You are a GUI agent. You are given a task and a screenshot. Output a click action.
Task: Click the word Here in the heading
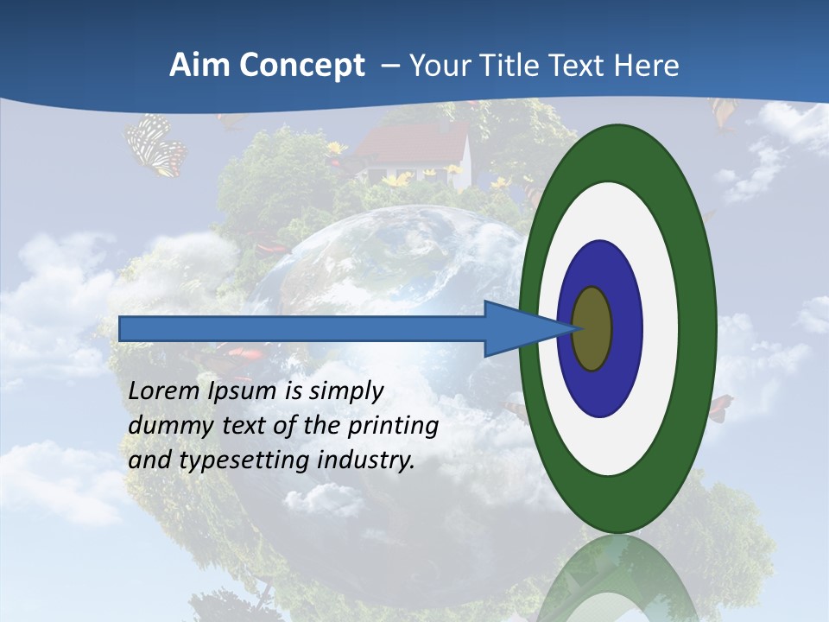(648, 66)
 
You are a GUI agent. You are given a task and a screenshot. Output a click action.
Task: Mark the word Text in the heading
(584, 66)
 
